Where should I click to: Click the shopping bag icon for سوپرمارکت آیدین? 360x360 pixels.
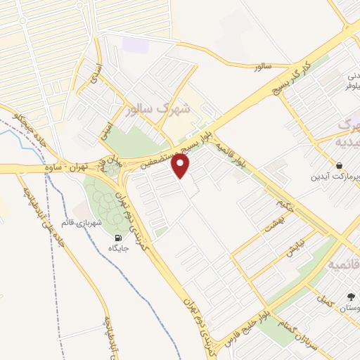[x=340, y=166]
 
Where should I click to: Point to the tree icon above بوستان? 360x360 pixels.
[x=350, y=297]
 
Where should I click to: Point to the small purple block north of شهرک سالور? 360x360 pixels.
[x=132, y=44]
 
